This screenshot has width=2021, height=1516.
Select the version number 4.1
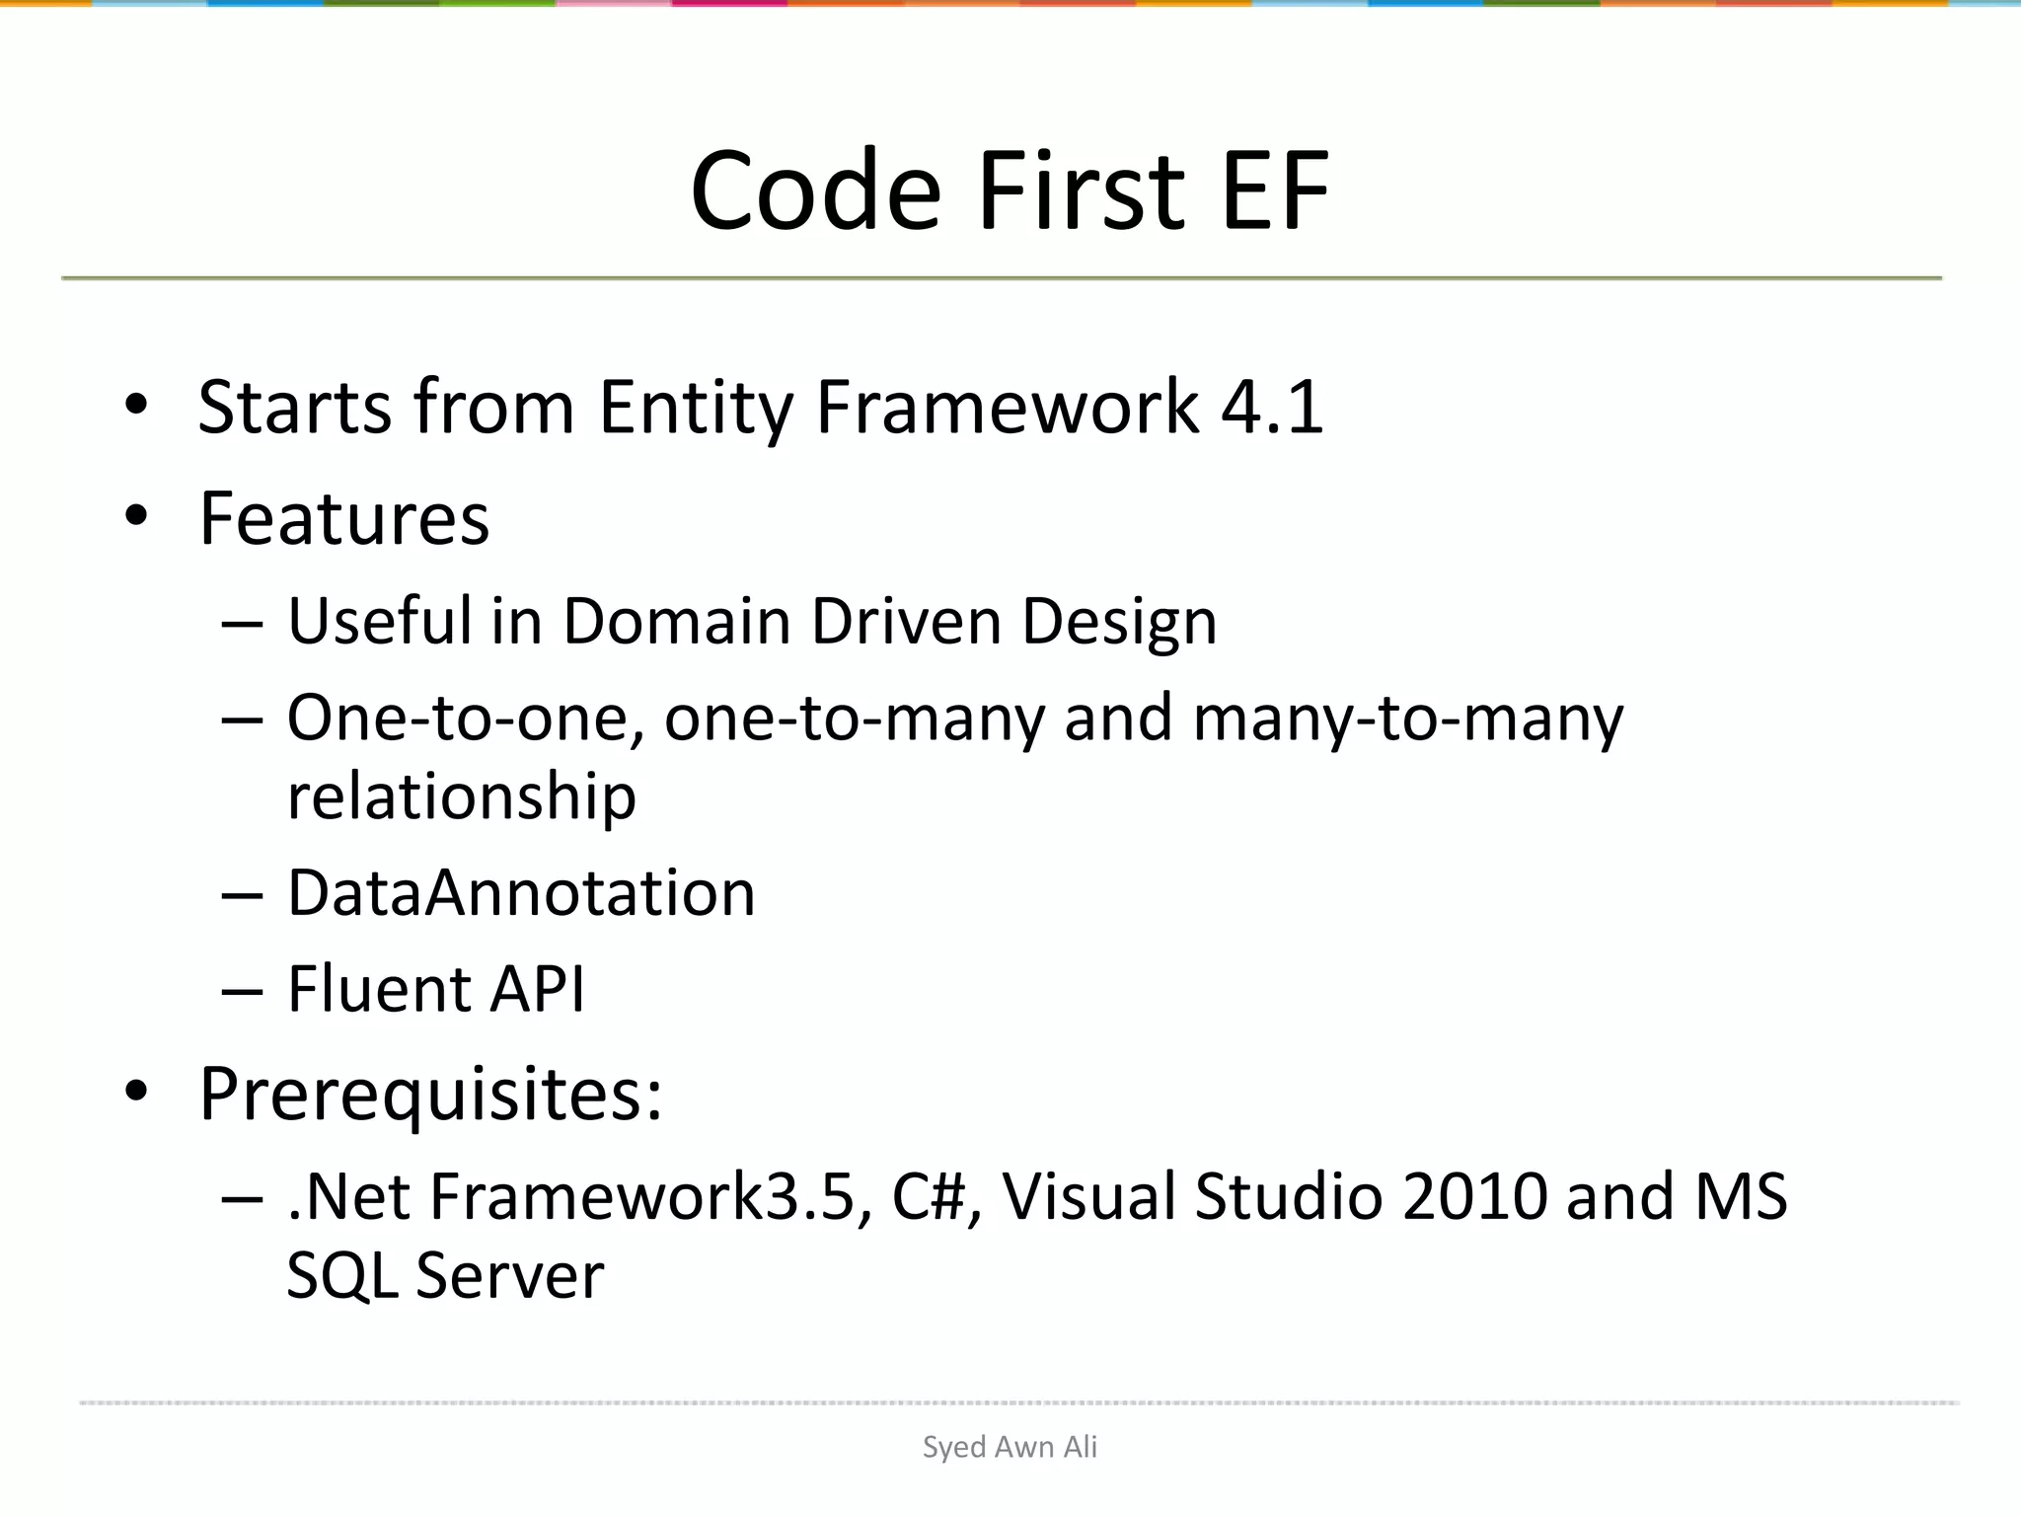(x=1272, y=407)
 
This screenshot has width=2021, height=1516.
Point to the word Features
(x=343, y=518)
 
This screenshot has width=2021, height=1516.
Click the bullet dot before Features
(x=136, y=515)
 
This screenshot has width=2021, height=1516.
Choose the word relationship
(x=461, y=796)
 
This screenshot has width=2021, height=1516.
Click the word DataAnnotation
(x=521, y=892)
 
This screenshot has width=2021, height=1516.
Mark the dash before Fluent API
(x=242, y=990)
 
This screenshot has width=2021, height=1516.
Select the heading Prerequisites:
(x=430, y=1095)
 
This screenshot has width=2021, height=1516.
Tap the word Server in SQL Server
(x=509, y=1275)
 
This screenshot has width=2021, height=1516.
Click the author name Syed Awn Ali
(x=1010, y=1447)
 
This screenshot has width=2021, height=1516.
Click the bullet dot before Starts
(x=136, y=404)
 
